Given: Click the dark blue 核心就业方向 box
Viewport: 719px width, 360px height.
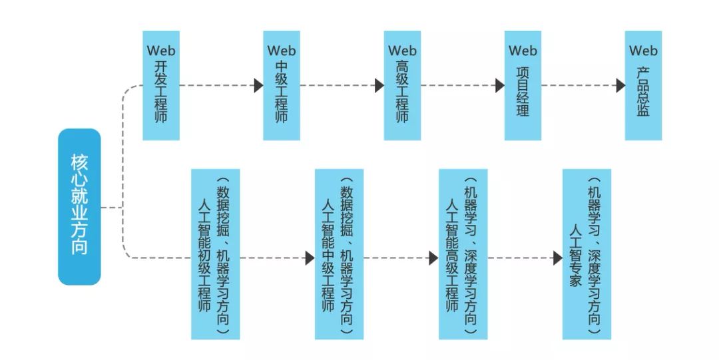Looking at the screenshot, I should pos(79,207).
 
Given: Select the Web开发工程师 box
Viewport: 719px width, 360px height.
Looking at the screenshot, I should pos(161,86).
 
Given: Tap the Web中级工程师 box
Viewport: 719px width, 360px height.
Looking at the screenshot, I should pos(282,86).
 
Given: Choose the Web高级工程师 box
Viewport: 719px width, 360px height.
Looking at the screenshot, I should pos(402,86).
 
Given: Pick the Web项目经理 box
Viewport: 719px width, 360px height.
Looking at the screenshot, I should pos(523,86).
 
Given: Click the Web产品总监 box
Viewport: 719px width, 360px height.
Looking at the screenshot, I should pos(643,86).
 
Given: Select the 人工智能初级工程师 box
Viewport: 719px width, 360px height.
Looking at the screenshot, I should pos(215,254).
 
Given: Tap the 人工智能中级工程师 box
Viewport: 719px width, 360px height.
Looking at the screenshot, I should pos(339,254).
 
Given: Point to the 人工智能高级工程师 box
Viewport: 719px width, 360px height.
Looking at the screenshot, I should pos(463,254).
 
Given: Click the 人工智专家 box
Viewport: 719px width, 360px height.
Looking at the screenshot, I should pos(587,254).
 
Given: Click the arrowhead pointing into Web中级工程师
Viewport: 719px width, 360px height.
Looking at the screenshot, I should pos(258,86).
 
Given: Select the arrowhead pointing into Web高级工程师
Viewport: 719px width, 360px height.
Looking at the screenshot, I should pos(379,86).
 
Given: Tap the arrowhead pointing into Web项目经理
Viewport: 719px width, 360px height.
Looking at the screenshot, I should pos(499,86).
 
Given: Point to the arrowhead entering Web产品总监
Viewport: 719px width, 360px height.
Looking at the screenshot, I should pos(620,86).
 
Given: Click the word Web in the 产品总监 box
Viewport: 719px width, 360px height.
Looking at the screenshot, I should pos(643,51).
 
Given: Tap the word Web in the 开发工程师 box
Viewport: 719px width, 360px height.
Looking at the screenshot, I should pos(161,51).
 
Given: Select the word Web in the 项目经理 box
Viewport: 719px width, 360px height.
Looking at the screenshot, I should pos(523,51).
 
